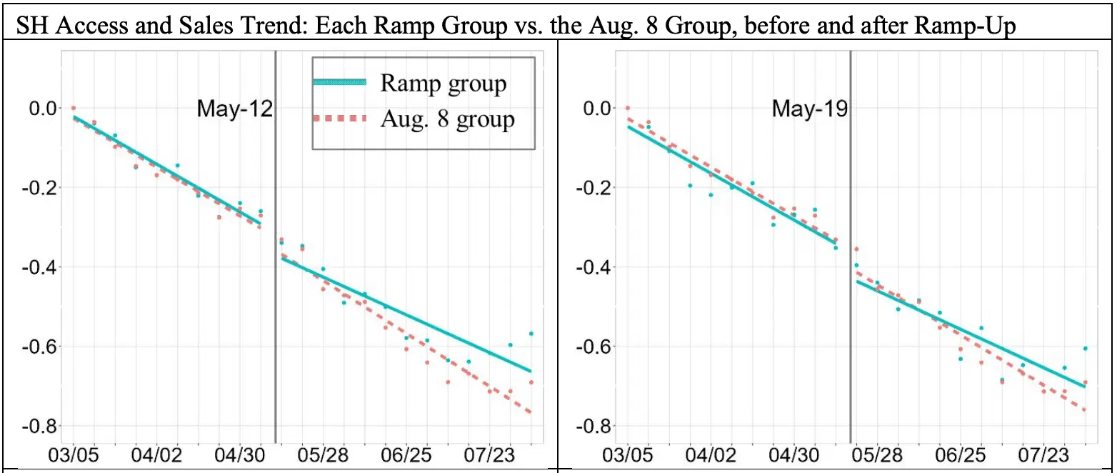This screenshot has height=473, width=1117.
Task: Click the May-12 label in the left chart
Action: coord(235,109)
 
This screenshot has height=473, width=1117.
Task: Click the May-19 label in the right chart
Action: coord(809,109)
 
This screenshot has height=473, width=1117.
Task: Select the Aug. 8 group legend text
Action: coord(447,119)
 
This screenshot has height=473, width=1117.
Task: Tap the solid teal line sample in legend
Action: coord(340,83)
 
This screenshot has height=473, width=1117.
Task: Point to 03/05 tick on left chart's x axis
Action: coord(74,454)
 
